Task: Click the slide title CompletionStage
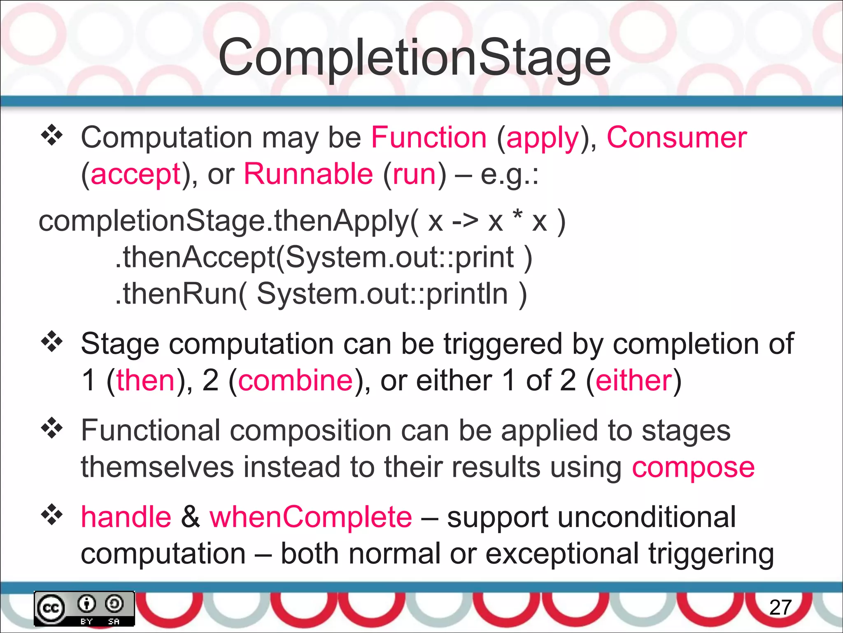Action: [x=415, y=58]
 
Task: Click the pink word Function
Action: [x=428, y=138]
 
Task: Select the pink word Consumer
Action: [x=676, y=138]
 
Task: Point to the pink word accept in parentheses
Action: [x=135, y=175]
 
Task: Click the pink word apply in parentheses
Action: [x=543, y=138]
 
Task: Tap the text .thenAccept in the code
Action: [x=195, y=257]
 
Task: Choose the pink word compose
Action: [x=693, y=468]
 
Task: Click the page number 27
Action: [x=780, y=607]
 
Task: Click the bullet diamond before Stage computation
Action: [x=52, y=342]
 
